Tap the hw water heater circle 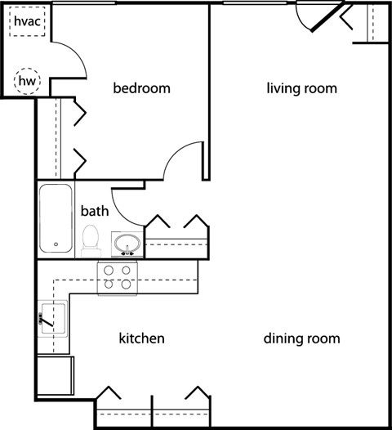click(x=27, y=80)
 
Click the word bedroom click(x=141, y=88)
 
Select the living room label click(x=301, y=88)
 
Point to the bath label click(x=94, y=210)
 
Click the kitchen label click(x=142, y=338)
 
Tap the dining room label click(x=301, y=338)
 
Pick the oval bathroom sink click(x=125, y=244)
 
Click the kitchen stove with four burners click(x=116, y=278)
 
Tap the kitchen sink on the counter click(x=52, y=316)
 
